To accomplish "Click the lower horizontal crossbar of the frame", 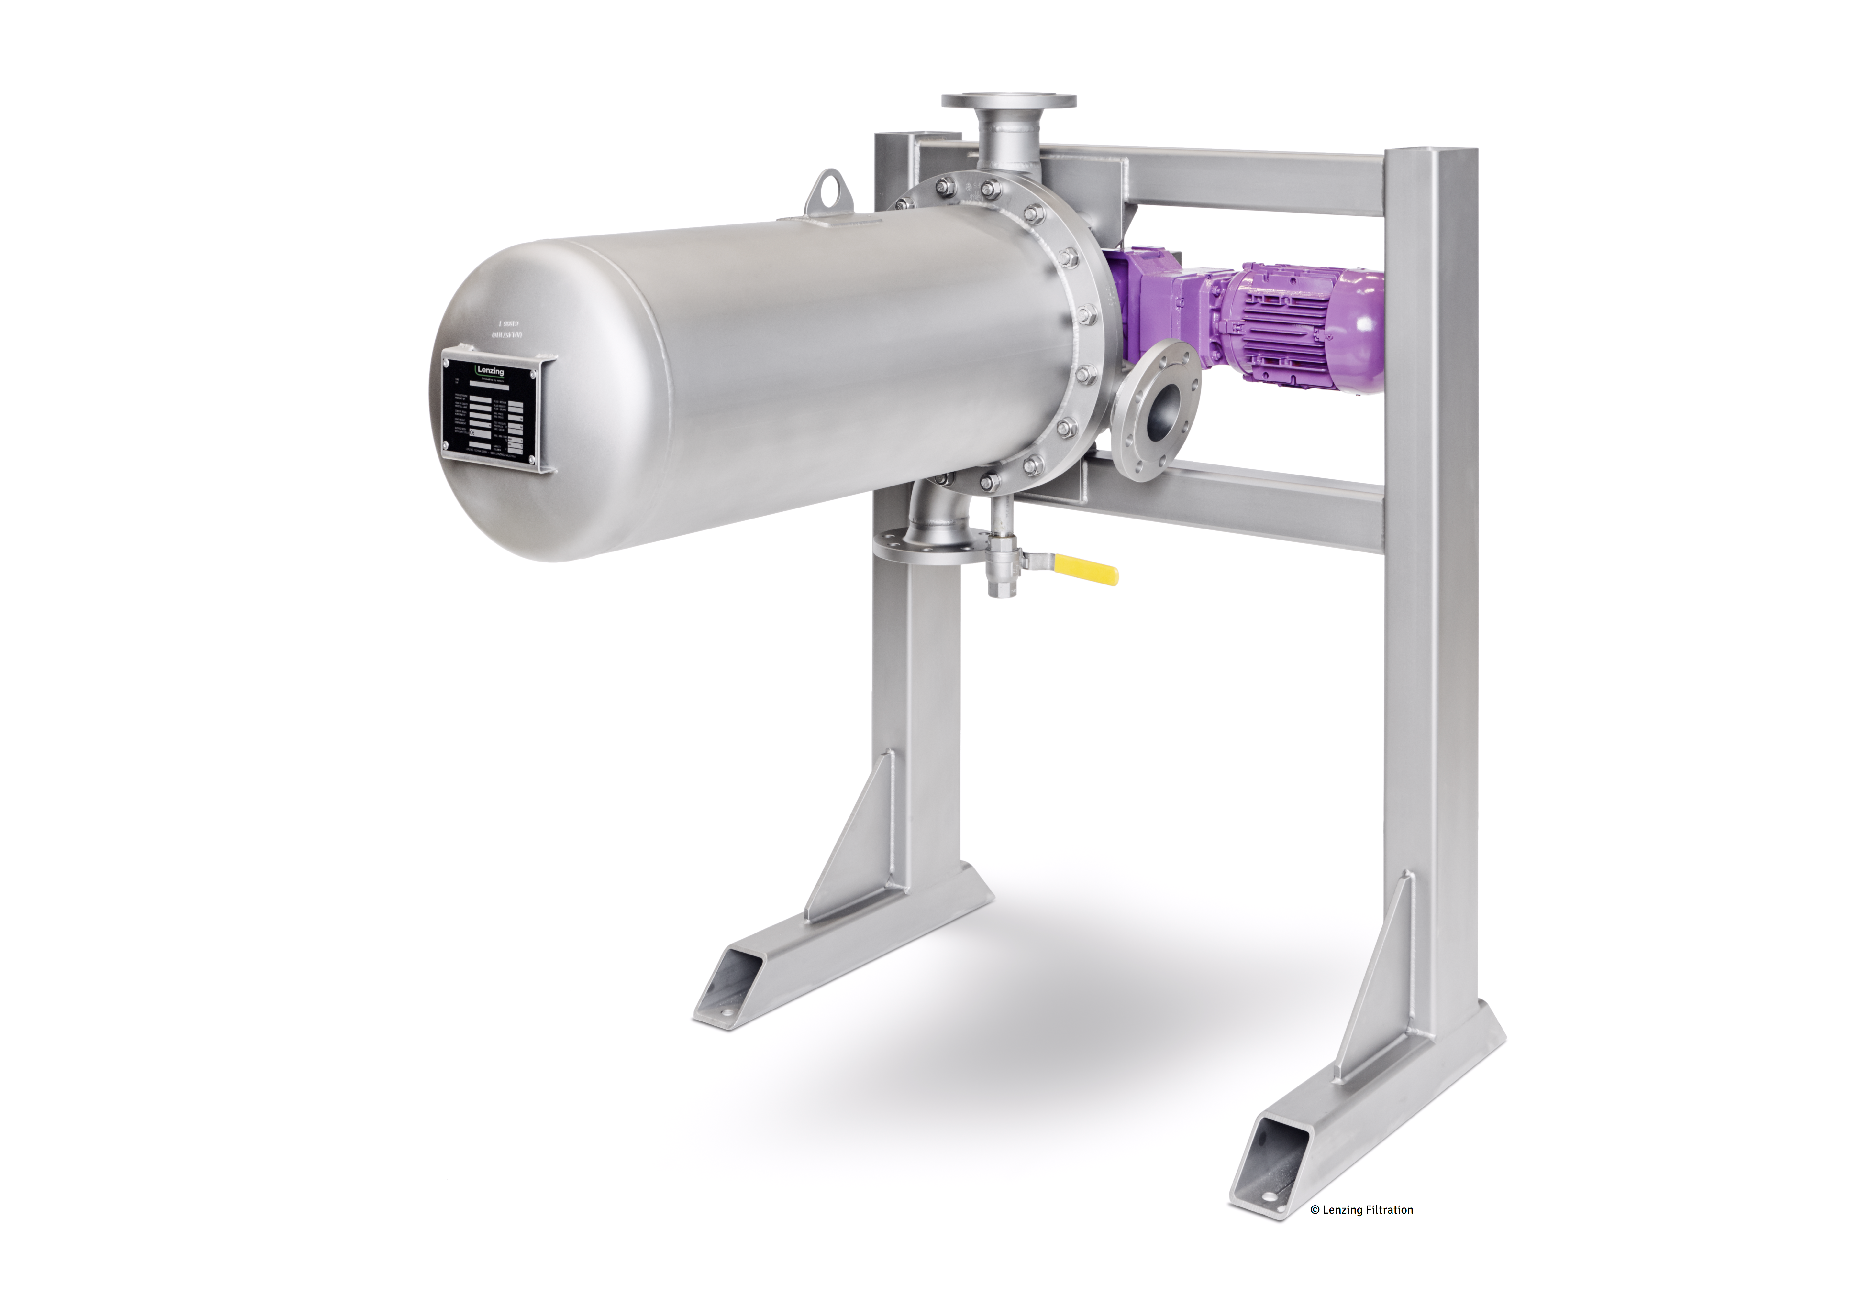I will tap(1218, 507).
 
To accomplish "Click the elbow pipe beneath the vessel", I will tap(929, 511).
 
